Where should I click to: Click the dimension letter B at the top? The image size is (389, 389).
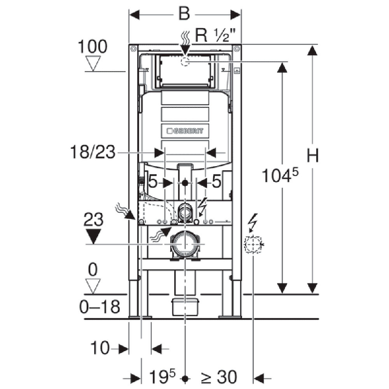184,14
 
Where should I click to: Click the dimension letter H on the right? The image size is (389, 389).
312,156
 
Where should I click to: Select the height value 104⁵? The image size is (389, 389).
279,175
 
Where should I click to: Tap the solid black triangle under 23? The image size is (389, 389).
93,236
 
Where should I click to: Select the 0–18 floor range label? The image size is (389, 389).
100,307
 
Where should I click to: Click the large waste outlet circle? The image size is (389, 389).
185,243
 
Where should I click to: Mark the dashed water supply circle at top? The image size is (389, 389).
185,63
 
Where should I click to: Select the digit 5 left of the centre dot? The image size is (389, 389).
153,183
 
